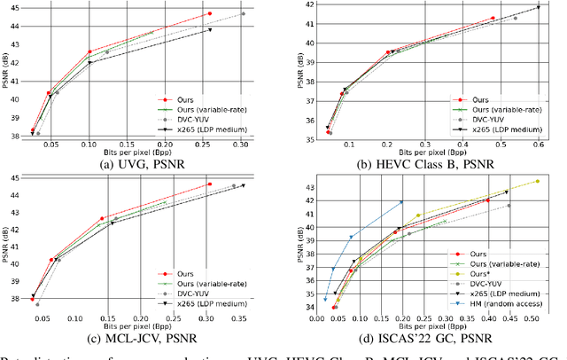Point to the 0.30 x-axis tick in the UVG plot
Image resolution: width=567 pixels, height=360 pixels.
coord(240,145)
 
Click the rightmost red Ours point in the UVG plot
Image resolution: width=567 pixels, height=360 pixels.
coord(210,14)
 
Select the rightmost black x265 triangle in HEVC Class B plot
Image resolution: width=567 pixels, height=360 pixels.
coord(538,8)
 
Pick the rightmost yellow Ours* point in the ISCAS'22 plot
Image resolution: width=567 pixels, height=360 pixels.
coord(538,181)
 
